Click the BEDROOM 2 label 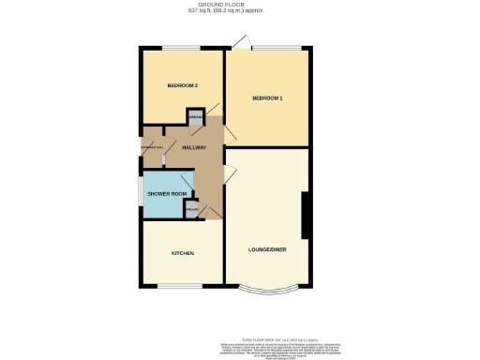coord(183,86)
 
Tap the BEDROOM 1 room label coord(267,98)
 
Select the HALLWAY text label coord(194,148)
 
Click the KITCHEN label coord(182,253)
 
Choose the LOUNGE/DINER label coord(267,249)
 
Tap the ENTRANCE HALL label coord(153,148)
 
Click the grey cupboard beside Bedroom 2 coord(195,118)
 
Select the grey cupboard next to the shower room coord(190,212)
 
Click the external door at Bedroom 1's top coord(243,42)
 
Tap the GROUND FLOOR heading coord(240,5)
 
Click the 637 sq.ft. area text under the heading coord(240,11)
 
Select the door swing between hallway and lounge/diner coord(230,172)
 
